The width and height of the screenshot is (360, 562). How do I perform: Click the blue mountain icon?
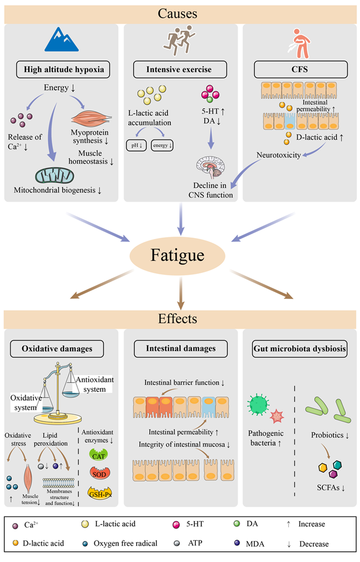click(62, 40)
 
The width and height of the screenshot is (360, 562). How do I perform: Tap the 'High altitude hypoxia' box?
click(63, 69)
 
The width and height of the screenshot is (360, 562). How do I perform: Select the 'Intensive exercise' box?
click(180, 69)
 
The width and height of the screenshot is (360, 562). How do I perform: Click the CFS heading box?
click(301, 69)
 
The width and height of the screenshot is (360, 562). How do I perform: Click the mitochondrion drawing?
click(54, 176)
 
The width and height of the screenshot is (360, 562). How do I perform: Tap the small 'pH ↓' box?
click(136, 145)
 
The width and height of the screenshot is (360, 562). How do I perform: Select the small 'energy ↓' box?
click(162, 145)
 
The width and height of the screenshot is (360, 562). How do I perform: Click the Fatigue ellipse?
click(177, 256)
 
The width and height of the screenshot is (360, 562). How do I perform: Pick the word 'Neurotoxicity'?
click(279, 155)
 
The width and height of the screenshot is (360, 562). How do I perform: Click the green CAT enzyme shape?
click(99, 454)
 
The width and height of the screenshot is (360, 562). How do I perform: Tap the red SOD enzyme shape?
click(99, 472)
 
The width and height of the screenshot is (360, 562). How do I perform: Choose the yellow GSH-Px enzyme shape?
click(100, 493)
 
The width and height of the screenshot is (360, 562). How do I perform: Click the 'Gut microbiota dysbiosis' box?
click(300, 349)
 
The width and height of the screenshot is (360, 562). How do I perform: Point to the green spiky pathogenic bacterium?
click(258, 404)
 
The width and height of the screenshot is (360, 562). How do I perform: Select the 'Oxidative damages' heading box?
click(57, 349)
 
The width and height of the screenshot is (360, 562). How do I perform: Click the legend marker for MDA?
click(237, 543)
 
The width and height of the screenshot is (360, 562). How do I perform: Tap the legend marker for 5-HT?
click(176, 525)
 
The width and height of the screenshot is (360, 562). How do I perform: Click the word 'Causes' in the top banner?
click(178, 13)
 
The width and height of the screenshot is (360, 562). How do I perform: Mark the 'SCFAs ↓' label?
click(331, 487)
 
